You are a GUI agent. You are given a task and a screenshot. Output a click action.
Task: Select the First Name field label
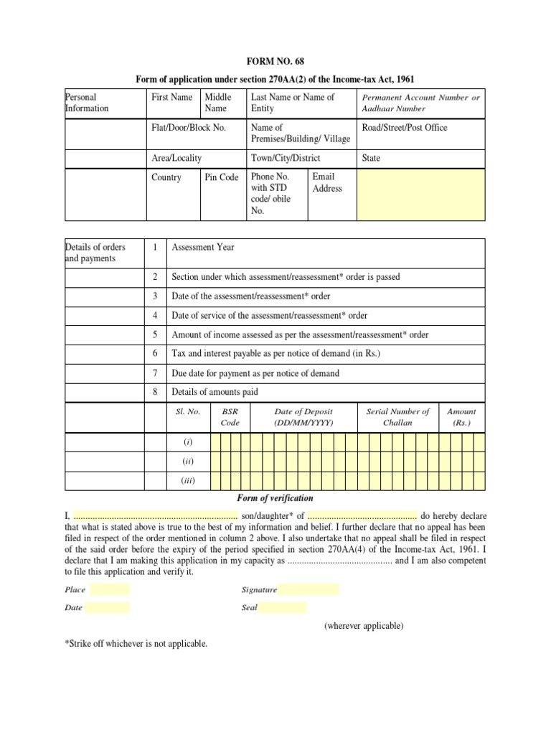coord(171,97)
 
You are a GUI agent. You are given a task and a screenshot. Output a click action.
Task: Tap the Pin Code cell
coord(222,177)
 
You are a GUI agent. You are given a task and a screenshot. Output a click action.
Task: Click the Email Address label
coord(327,182)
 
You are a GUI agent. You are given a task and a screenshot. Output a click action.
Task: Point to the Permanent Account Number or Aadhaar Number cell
coord(421,103)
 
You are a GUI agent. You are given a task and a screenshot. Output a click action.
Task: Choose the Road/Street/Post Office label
coord(405,128)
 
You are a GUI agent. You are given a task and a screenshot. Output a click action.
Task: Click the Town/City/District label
coord(286,158)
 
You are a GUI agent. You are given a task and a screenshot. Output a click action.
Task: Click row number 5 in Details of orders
coord(154,334)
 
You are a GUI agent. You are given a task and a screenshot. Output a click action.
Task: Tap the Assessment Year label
coord(203,247)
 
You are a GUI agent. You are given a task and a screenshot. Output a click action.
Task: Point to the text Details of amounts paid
coord(215,392)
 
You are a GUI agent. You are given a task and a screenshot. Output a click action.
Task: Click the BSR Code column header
coord(230,417)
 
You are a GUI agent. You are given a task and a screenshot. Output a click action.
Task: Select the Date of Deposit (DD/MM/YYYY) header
coord(303,417)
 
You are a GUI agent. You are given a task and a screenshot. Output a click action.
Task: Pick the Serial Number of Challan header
coord(397,417)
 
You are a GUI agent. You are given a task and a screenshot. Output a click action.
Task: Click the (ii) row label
coord(188,462)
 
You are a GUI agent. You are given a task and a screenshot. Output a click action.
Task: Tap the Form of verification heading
coord(275,498)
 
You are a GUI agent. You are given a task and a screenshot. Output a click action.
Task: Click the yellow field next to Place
coord(110,590)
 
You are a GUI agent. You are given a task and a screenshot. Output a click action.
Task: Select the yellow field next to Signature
coord(309,590)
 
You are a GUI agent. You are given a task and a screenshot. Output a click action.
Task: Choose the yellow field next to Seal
coord(283,608)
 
